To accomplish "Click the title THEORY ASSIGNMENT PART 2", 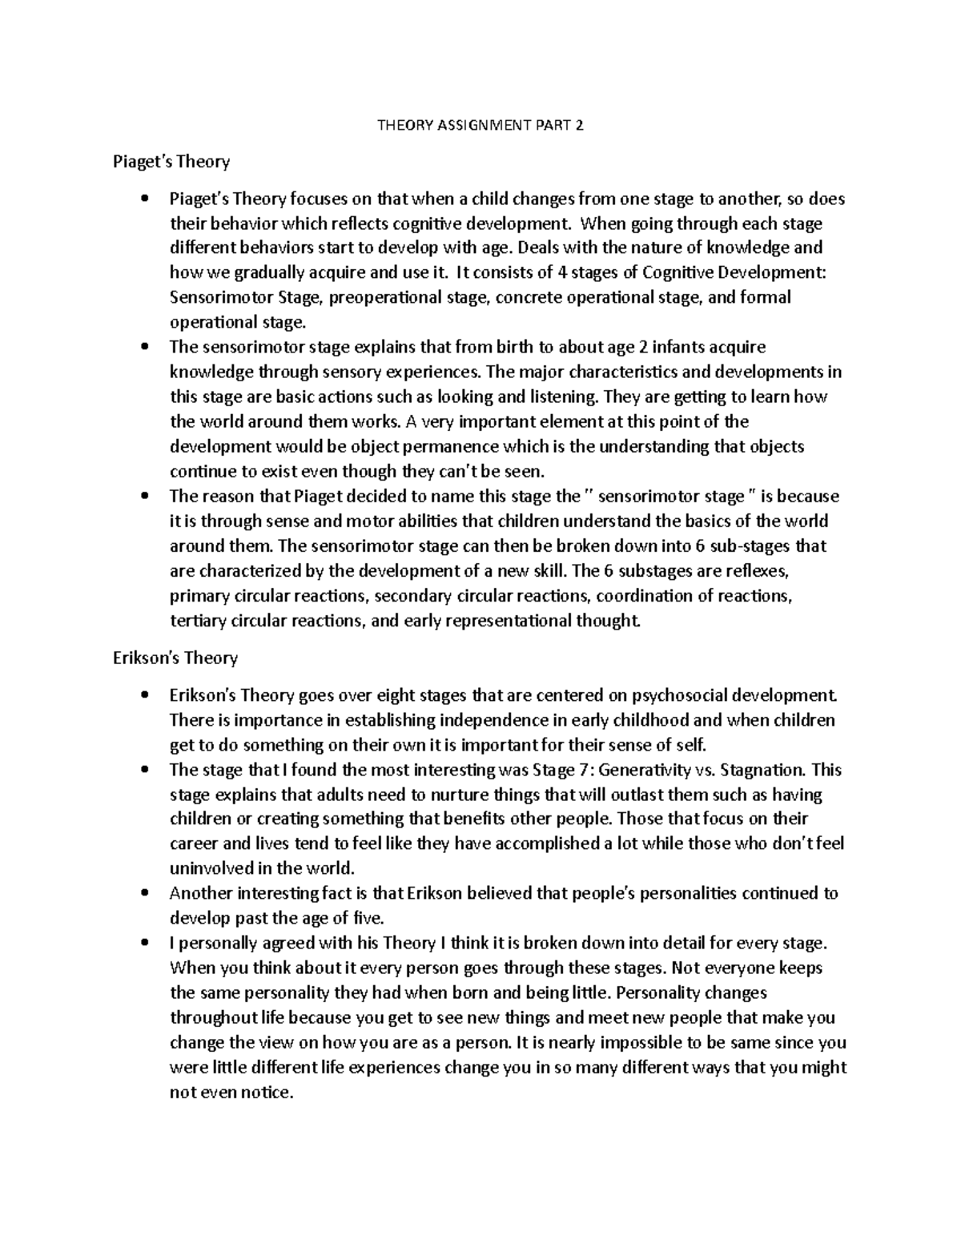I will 480,125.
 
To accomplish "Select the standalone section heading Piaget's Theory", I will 171,162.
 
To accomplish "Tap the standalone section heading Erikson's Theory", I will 175,658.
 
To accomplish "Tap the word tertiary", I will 197,620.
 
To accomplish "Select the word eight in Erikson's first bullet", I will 394,694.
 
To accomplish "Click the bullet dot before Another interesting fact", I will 144,893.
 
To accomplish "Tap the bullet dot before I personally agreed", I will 144,943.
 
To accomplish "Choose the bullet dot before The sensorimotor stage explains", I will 144,348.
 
